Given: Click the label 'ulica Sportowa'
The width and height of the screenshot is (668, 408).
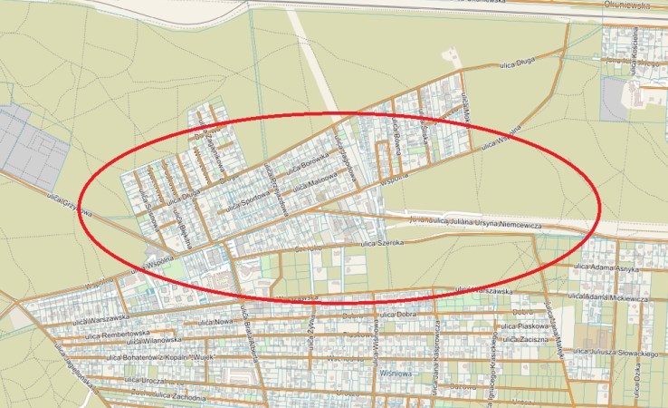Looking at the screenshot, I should click(247, 200).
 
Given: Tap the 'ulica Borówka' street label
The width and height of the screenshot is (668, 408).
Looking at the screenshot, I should click(305, 164).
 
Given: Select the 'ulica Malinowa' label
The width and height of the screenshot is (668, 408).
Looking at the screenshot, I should click(316, 184).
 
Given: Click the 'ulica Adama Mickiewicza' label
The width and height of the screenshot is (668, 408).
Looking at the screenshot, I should click(616, 297).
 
